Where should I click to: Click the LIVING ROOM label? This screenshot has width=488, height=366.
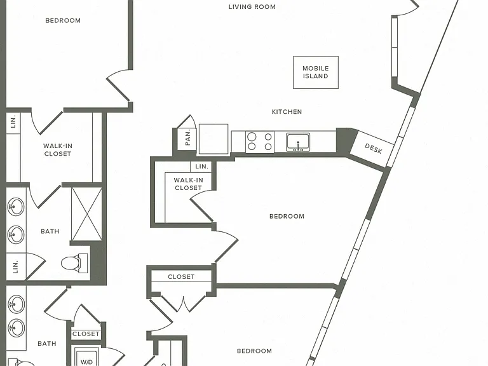(x=252, y=7)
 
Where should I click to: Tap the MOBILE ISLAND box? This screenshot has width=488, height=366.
(x=316, y=72)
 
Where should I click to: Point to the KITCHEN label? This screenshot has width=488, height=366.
(x=287, y=112)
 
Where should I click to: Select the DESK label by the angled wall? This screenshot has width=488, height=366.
(x=373, y=149)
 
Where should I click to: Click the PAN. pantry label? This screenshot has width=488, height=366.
(x=187, y=137)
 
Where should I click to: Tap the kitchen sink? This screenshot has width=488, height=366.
(x=298, y=142)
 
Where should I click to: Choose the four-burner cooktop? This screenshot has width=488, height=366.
(x=260, y=142)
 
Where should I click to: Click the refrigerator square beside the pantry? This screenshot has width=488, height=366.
(x=213, y=139)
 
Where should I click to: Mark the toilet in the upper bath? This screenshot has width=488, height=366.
(x=74, y=263)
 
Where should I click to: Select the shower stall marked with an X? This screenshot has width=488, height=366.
(x=87, y=213)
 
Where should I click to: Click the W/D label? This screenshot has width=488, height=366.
(x=86, y=362)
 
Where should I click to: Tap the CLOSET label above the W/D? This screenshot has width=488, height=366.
(x=86, y=334)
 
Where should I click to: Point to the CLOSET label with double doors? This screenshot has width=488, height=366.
(x=181, y=276)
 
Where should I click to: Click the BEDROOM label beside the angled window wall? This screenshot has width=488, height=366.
(x=287, y=216)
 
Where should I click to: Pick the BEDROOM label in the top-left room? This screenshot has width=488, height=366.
(x=63, y=20)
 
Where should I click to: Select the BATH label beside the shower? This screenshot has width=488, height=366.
(x=50, y=231)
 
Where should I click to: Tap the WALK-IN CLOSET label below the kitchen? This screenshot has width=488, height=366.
(x=188, y=184)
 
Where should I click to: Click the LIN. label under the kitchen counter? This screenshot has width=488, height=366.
(x=201, y=166)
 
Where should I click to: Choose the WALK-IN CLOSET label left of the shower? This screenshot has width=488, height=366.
(x=58, y=150)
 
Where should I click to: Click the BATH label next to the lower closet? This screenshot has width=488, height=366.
(x=47, y=344)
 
